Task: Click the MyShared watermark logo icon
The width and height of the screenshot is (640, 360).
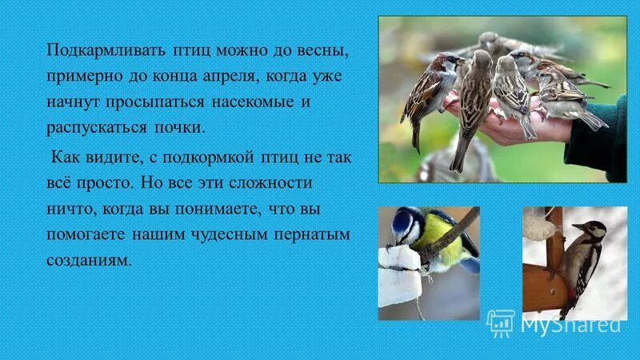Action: click(501, 323)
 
